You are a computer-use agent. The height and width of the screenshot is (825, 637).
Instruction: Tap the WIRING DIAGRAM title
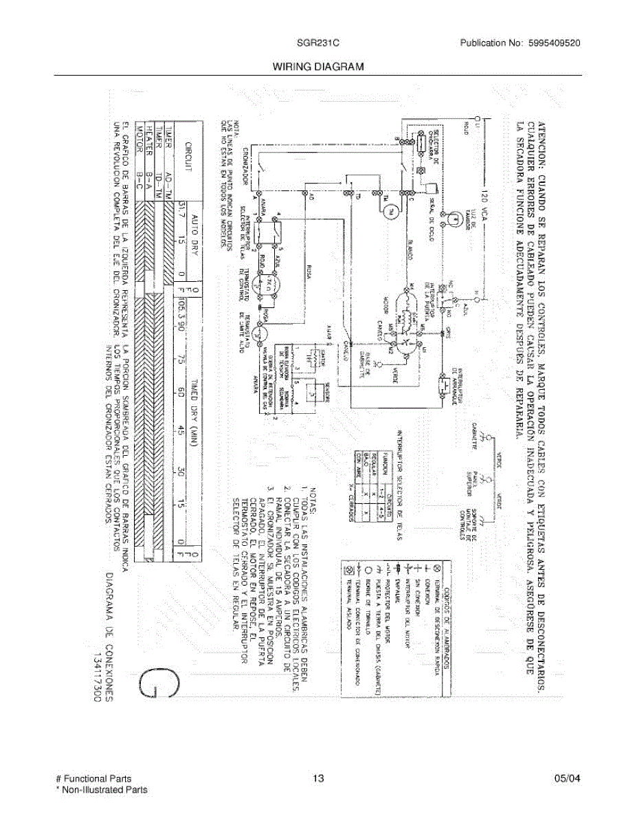click(317, 67)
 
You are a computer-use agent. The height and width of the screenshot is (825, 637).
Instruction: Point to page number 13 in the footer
click(317, 779)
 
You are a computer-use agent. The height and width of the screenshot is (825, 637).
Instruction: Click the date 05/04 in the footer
click(568, 779)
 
